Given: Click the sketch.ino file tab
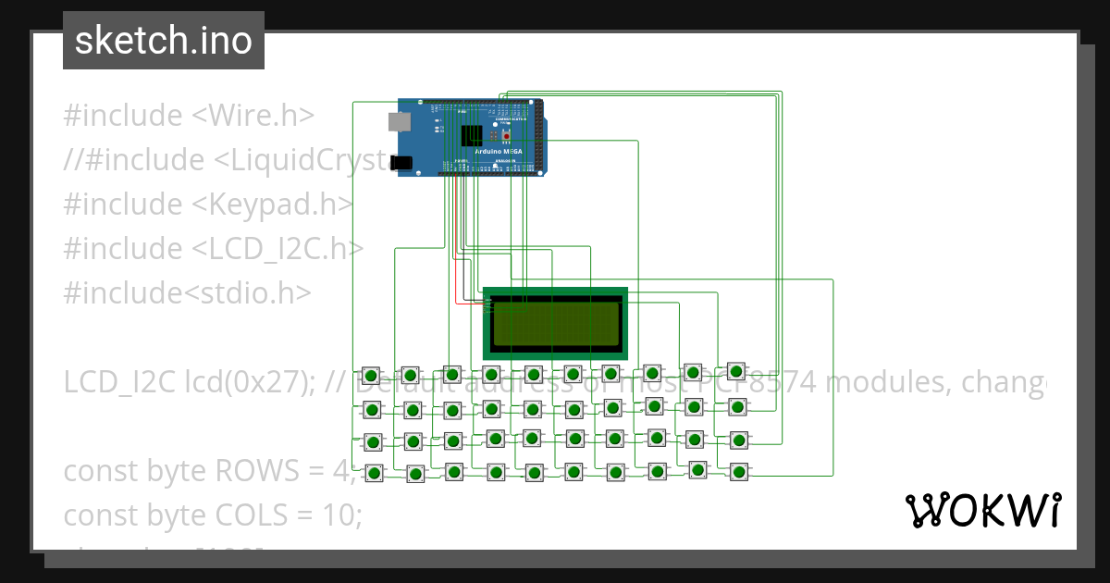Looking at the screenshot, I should [x=163, y=41].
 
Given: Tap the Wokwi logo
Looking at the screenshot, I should [x=981, y=510].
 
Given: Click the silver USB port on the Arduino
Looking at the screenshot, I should [x=399, y=121].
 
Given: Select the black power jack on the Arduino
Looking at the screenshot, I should [x=401, y=162].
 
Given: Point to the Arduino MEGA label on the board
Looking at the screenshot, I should [x=498, y=151].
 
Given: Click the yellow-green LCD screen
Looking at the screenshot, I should [x=555, y=324].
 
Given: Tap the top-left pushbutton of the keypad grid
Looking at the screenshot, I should [x=371, y=376].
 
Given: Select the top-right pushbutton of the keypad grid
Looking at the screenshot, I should [x=736, y=371].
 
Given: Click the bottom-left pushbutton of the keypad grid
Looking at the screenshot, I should [x=374, y=473].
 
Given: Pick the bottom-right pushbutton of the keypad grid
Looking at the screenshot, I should [x=738, y=472].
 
